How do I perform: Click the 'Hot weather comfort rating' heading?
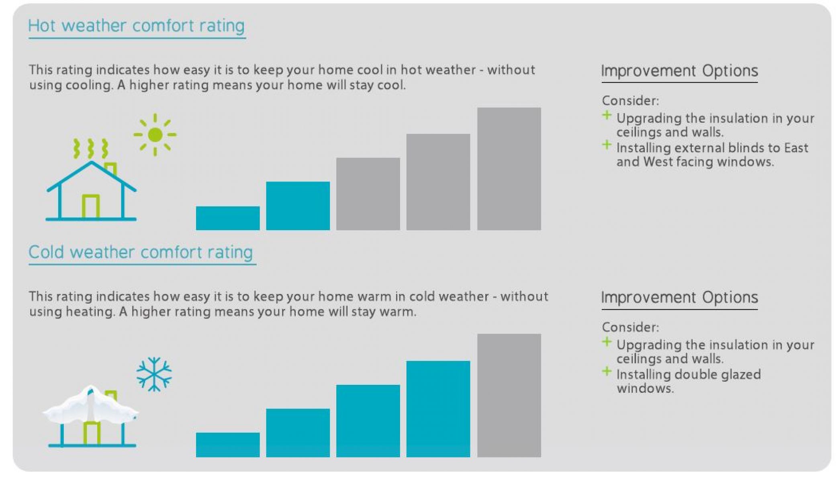[136, 26]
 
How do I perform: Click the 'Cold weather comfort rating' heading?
[141, 252]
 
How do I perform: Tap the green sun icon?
[155, 135]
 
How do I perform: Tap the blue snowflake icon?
[154, 374]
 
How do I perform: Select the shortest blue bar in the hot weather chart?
[228, 218]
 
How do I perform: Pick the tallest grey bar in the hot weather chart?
[509, 169]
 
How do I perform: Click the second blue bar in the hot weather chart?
[298, 206]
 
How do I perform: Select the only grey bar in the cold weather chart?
[509, 395]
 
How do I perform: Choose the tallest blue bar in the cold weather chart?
[438, 409]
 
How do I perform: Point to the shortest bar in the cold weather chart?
[228, 445]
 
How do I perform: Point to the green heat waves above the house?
[91, 148]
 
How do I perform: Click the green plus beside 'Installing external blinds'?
[607, 145]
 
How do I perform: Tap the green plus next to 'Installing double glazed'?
[607, 372]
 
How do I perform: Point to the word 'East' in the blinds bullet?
[796, 148]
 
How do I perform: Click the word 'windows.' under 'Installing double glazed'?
[645, 388]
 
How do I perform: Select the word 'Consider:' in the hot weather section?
[630, 100]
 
